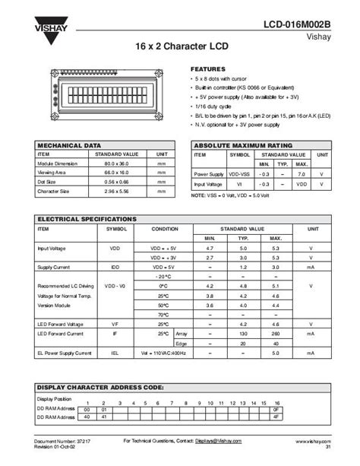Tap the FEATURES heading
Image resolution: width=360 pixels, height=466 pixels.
click(x=207, y=68)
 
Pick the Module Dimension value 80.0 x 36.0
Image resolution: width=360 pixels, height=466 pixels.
click(x=114, y=163)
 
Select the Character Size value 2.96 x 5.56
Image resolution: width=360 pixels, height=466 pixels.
click(x=114, y=192)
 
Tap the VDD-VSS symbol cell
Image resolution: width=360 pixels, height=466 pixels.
click(x=240, y=174)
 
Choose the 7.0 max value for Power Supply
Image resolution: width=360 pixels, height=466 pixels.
click(x=302, y=174)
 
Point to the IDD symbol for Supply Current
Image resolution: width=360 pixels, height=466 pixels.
click(x=115, y=268)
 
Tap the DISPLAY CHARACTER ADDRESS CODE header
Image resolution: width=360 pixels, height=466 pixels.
click(x=101, y=387)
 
